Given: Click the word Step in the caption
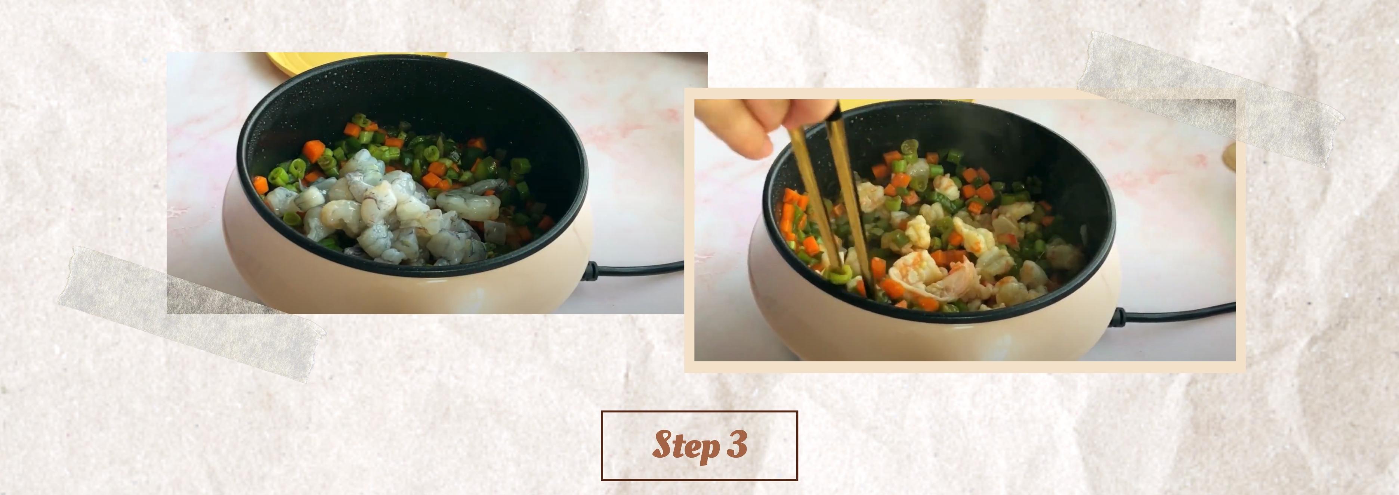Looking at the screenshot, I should [683, 445].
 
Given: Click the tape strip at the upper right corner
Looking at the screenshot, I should [1211, 100].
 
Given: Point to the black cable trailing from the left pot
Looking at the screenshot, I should [641, 265].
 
